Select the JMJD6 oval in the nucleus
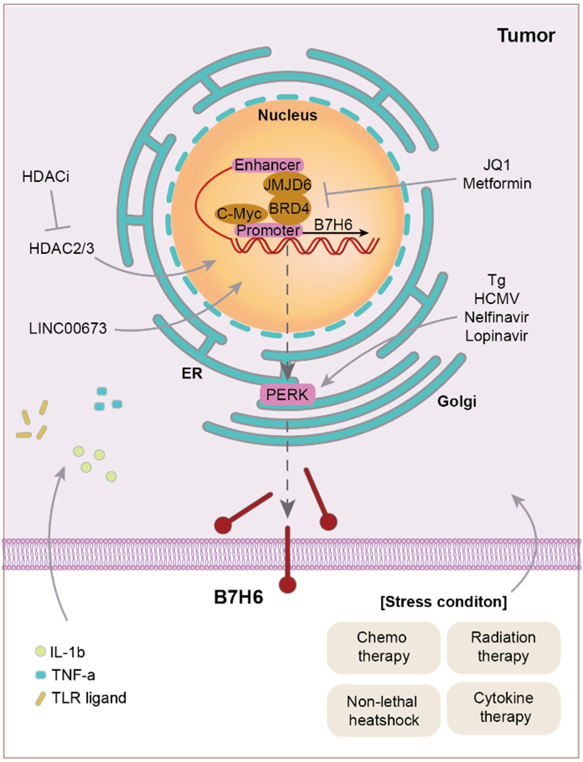[287, 185]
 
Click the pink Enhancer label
[268, 165]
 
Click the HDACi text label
[46, 177]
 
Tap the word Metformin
[497, 183]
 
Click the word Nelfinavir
[497, 317]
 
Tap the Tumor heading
[526, 35]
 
